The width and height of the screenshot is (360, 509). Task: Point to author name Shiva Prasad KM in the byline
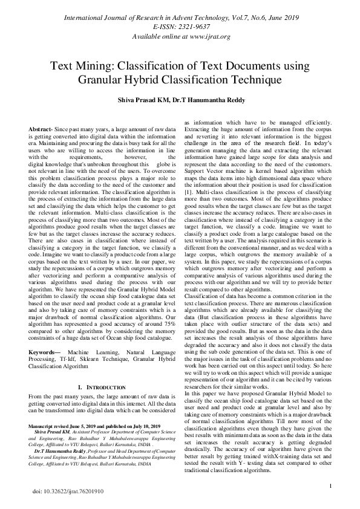pyautogui.click(x=143, y=100)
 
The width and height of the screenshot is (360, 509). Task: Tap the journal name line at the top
pyautogui.click(x=180, y=17)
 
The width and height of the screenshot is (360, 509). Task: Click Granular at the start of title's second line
pyautogui.click(x=99, y=79)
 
